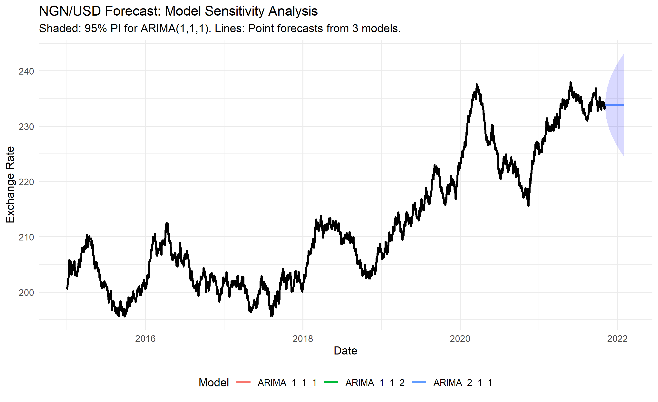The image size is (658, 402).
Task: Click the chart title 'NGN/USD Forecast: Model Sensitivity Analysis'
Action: click(x=178, y=11)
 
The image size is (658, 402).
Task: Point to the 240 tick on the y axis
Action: click(x=26, y=71)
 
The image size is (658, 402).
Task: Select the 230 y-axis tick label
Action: click(x=26, y=126)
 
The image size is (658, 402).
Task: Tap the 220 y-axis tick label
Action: click(x=26, y=182)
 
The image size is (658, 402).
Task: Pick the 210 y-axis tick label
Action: click(x=26, y=237)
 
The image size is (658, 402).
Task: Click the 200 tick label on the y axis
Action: click(x=26, y=292)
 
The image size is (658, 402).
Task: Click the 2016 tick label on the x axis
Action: click(x=145, y=339)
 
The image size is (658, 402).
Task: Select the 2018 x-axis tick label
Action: click(x=303, y=339)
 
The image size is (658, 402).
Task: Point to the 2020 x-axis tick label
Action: click(x=460, y=339)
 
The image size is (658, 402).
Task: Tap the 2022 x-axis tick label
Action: click(x=617, y=339)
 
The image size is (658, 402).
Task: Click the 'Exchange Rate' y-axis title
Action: click(x=10, y=184)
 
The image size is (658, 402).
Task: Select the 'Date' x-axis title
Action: click(x=345, y=351)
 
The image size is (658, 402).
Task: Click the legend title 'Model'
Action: click(x=214, y=383)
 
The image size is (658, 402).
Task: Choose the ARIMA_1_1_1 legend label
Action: click(x=287, y=383)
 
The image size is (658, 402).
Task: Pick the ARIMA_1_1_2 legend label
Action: click(x=375, y=383)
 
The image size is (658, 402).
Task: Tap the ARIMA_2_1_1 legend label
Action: click(x=463, y=383)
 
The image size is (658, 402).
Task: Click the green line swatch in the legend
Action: click(x=331, y=382)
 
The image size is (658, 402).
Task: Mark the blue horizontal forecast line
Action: click(x=615, y=105)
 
